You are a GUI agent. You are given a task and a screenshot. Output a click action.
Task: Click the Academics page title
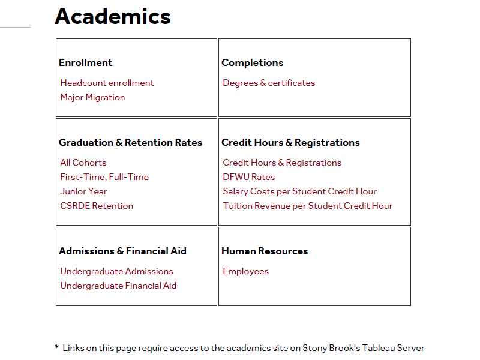click(113, 16)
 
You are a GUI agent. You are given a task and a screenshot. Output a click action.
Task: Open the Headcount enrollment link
click(107, 83)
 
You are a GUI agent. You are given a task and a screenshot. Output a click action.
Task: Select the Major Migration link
click(92, 97)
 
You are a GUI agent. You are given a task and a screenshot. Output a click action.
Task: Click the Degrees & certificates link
click(269, 83)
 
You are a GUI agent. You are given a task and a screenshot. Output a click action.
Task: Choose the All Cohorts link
click(83, 163)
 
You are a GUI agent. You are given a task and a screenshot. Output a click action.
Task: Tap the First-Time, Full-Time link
click(104, 177)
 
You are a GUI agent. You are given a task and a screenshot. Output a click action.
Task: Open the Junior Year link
click(83, 191)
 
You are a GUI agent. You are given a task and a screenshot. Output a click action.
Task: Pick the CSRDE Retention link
click(97, 206)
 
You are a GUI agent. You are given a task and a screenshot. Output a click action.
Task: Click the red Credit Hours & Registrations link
click(282, 163)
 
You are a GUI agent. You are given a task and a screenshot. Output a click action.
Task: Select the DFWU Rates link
click(248, 177)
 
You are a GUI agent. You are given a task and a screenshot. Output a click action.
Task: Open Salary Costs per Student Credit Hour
click(299, 191)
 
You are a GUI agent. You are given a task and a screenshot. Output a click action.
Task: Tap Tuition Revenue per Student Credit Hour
click(307, 206)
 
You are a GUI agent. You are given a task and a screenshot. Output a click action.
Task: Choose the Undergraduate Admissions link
click(116, 271)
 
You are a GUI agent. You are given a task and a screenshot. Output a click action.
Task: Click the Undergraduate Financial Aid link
click(118, 286)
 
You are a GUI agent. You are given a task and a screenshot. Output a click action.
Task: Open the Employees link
click(245, 271)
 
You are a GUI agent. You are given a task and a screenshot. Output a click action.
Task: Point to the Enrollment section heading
click(85, 62)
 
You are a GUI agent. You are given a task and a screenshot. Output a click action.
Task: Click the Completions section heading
click(252, 62)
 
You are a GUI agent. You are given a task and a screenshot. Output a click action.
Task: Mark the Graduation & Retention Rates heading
click(130, 142)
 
